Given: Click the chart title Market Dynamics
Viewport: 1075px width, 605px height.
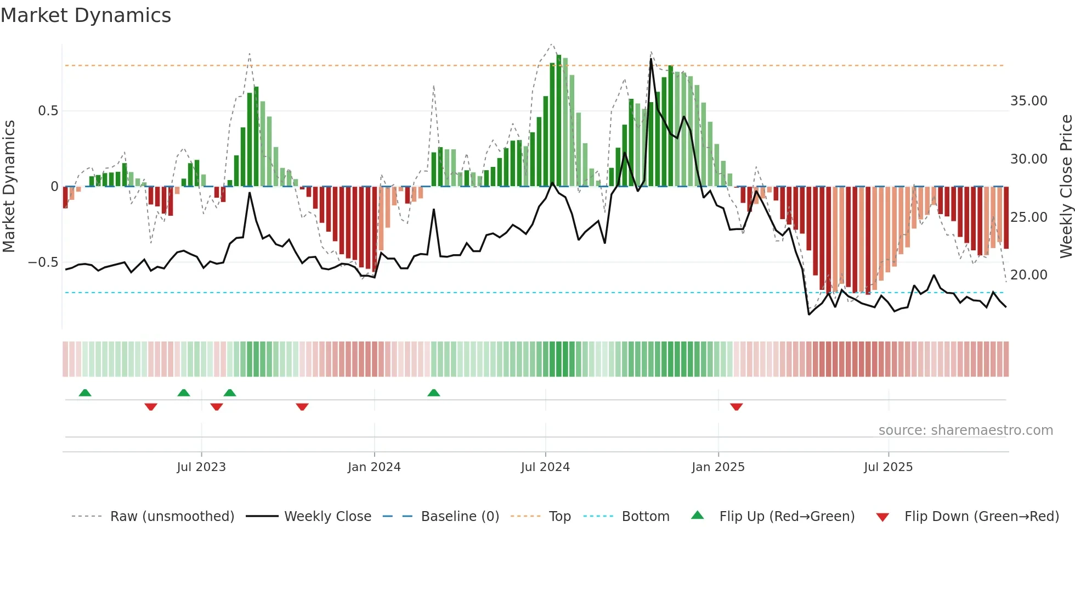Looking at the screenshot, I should point(86,15).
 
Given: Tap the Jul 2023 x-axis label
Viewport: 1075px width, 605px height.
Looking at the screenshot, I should point(201,467).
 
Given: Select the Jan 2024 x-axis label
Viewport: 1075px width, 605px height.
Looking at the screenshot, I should point(374,467).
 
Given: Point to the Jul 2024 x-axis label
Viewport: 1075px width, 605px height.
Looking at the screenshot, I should point(545,467).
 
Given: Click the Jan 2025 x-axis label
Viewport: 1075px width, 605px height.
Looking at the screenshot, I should point(718,467).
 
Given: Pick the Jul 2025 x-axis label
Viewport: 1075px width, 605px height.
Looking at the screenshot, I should point(888,467).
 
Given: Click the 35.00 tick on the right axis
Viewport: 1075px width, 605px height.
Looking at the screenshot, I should point(1028,101).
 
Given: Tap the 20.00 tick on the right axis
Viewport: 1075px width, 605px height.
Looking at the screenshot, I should point(1028,275).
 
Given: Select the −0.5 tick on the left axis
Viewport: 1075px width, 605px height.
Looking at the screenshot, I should point(43,262).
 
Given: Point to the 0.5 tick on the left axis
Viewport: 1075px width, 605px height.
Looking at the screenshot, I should point(48,111).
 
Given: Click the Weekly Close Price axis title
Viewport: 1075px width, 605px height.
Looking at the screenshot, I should point(1066,187).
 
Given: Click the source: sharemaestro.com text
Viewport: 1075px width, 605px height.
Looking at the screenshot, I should point(965,430).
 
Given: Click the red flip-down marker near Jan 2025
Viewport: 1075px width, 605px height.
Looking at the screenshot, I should point(736,407).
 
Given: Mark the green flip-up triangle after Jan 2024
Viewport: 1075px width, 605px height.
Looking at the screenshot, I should point(433,393).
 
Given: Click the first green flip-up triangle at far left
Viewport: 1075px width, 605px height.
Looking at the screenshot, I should point(85,393).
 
